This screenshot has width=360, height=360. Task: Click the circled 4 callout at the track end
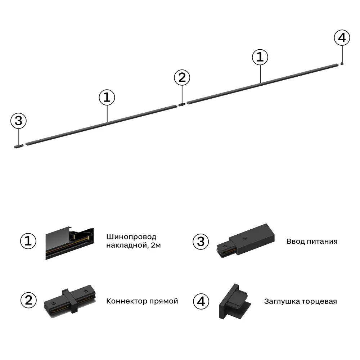(342, 38)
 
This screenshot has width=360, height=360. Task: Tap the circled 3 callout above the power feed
(18, 121)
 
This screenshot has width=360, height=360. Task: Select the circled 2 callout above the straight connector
(182, 78)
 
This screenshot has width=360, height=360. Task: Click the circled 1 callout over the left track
(107, 98)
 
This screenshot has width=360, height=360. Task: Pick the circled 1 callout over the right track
(260, 57)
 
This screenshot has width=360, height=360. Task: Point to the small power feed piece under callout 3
(18, 147)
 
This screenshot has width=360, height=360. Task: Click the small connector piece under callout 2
(182, 105)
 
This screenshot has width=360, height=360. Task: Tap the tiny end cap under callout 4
(342, 64)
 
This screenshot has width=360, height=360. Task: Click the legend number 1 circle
(28, 241)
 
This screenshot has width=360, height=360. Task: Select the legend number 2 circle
(28, 301)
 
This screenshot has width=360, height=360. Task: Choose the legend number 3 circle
(201, 241)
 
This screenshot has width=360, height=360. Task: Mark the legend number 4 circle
(201, 301)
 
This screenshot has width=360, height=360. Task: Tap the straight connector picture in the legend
(71, 301)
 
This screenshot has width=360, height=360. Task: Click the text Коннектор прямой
(142, 301)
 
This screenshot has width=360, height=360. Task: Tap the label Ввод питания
(312, 241)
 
